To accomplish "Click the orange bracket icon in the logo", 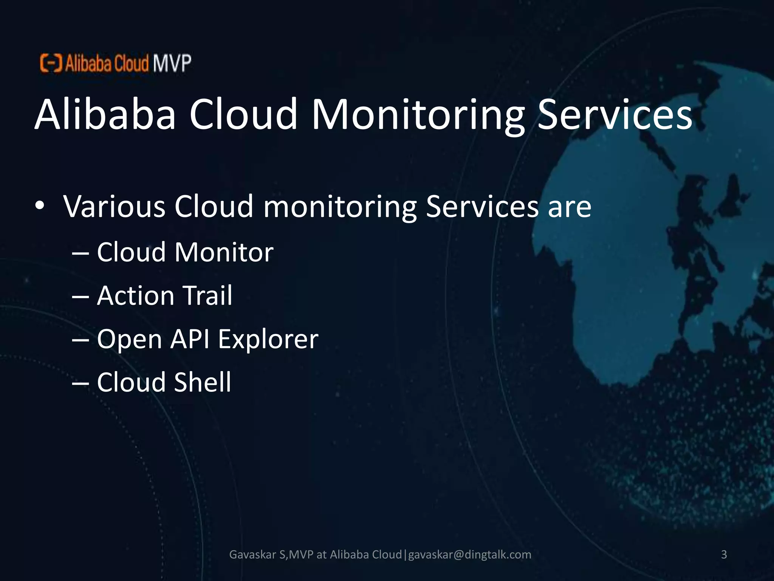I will [51, 63].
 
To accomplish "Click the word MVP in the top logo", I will [172, 63].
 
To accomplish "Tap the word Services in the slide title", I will [615, 114].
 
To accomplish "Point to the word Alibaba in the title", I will [105, 114].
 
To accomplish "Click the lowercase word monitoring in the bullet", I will [340, 207].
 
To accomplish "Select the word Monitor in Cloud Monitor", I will [224, 252].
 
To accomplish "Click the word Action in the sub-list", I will [135, 295].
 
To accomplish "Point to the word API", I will [190, 339].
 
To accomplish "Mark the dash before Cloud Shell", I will [80, 384].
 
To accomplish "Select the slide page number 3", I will [724, 555].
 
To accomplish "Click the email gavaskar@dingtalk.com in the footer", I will [470, 555].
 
